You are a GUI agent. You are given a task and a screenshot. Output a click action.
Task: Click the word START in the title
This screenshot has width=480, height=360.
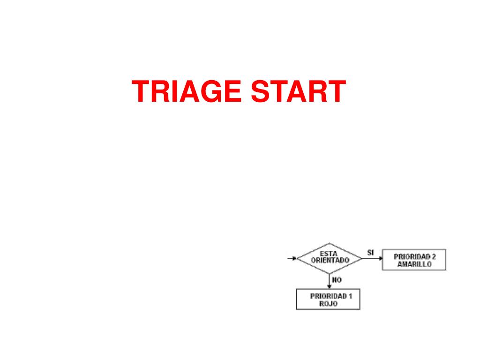click(299, 92)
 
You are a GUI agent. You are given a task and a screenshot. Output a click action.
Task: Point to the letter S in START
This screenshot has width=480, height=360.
click(261, 92)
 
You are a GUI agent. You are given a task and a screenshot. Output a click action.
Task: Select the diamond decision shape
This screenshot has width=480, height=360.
click(330, 258)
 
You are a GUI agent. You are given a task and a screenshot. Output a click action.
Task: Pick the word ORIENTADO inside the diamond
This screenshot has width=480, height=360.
click(330, 261)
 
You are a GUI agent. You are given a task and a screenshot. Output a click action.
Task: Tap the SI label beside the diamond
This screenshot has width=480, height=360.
click(370, 253)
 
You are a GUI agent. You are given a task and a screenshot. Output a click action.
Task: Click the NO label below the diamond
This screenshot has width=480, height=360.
click(337, 280)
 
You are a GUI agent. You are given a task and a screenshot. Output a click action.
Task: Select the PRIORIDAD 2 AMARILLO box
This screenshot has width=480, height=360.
click(414, 260)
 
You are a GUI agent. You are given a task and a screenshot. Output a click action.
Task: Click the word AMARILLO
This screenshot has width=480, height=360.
click(414, 264)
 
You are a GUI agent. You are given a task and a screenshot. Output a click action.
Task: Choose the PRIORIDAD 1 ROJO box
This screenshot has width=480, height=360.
click(328, 300)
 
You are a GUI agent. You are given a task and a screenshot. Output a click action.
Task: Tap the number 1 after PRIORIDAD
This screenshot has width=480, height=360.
click(350, 296)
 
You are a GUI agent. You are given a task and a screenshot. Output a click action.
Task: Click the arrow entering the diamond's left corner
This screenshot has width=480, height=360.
click(292, 258)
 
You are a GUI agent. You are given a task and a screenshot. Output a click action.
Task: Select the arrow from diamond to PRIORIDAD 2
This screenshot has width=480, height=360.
click(373, 258)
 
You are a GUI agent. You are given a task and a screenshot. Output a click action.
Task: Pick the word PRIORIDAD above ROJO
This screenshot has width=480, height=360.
click(328, 296)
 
